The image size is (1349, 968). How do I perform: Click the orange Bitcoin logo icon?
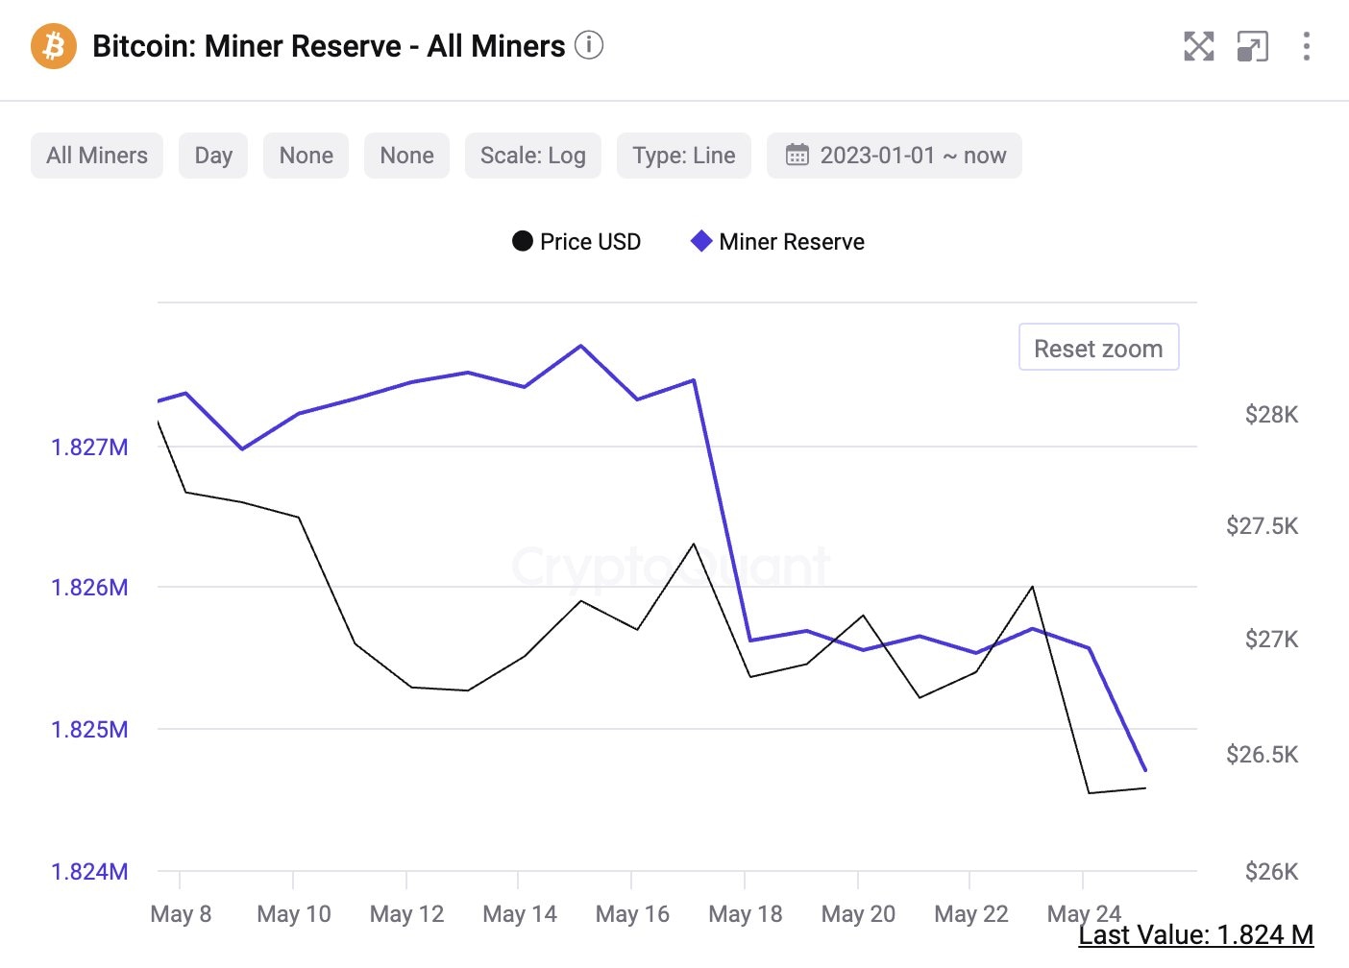click(54, 46)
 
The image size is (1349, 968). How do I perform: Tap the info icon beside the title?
click(589, 44)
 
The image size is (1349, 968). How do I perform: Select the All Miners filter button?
click(97, 156)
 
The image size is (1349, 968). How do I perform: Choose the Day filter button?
click(213, 156)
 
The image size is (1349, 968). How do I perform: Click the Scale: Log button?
click(533, 156)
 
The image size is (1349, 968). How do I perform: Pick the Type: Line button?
click(684, 156)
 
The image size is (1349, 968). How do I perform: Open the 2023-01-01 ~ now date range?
click(895, 156)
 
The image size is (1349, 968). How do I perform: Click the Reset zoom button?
click(1098, 348)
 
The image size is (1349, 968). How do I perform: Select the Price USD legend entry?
click(576, 242)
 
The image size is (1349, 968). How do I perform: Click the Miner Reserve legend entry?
click(778, 242)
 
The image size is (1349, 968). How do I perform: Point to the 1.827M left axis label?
click(89, 448)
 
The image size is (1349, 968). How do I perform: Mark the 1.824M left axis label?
click(89, 872)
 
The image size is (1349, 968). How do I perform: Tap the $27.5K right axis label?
click(1262, 526)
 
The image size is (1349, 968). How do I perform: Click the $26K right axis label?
click(1271, 872)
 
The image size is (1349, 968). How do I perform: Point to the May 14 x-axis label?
click(520, 914)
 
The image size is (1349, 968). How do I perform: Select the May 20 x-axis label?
click(858, 914)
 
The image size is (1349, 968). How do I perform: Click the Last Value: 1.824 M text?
click(1195, 935)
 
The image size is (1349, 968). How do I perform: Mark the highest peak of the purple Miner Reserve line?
click(581, 346)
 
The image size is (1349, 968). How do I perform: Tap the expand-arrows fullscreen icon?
click(1198, 46)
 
